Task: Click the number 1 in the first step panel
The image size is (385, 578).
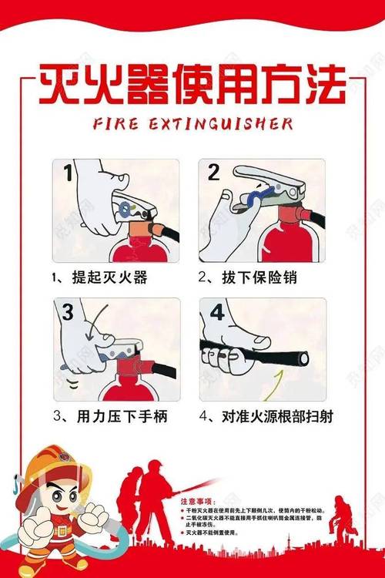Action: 68,173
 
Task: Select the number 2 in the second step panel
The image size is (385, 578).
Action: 214,173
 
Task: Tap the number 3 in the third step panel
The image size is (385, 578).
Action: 68,313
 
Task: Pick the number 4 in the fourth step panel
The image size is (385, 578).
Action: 216,313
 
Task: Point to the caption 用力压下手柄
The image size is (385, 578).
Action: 112,416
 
